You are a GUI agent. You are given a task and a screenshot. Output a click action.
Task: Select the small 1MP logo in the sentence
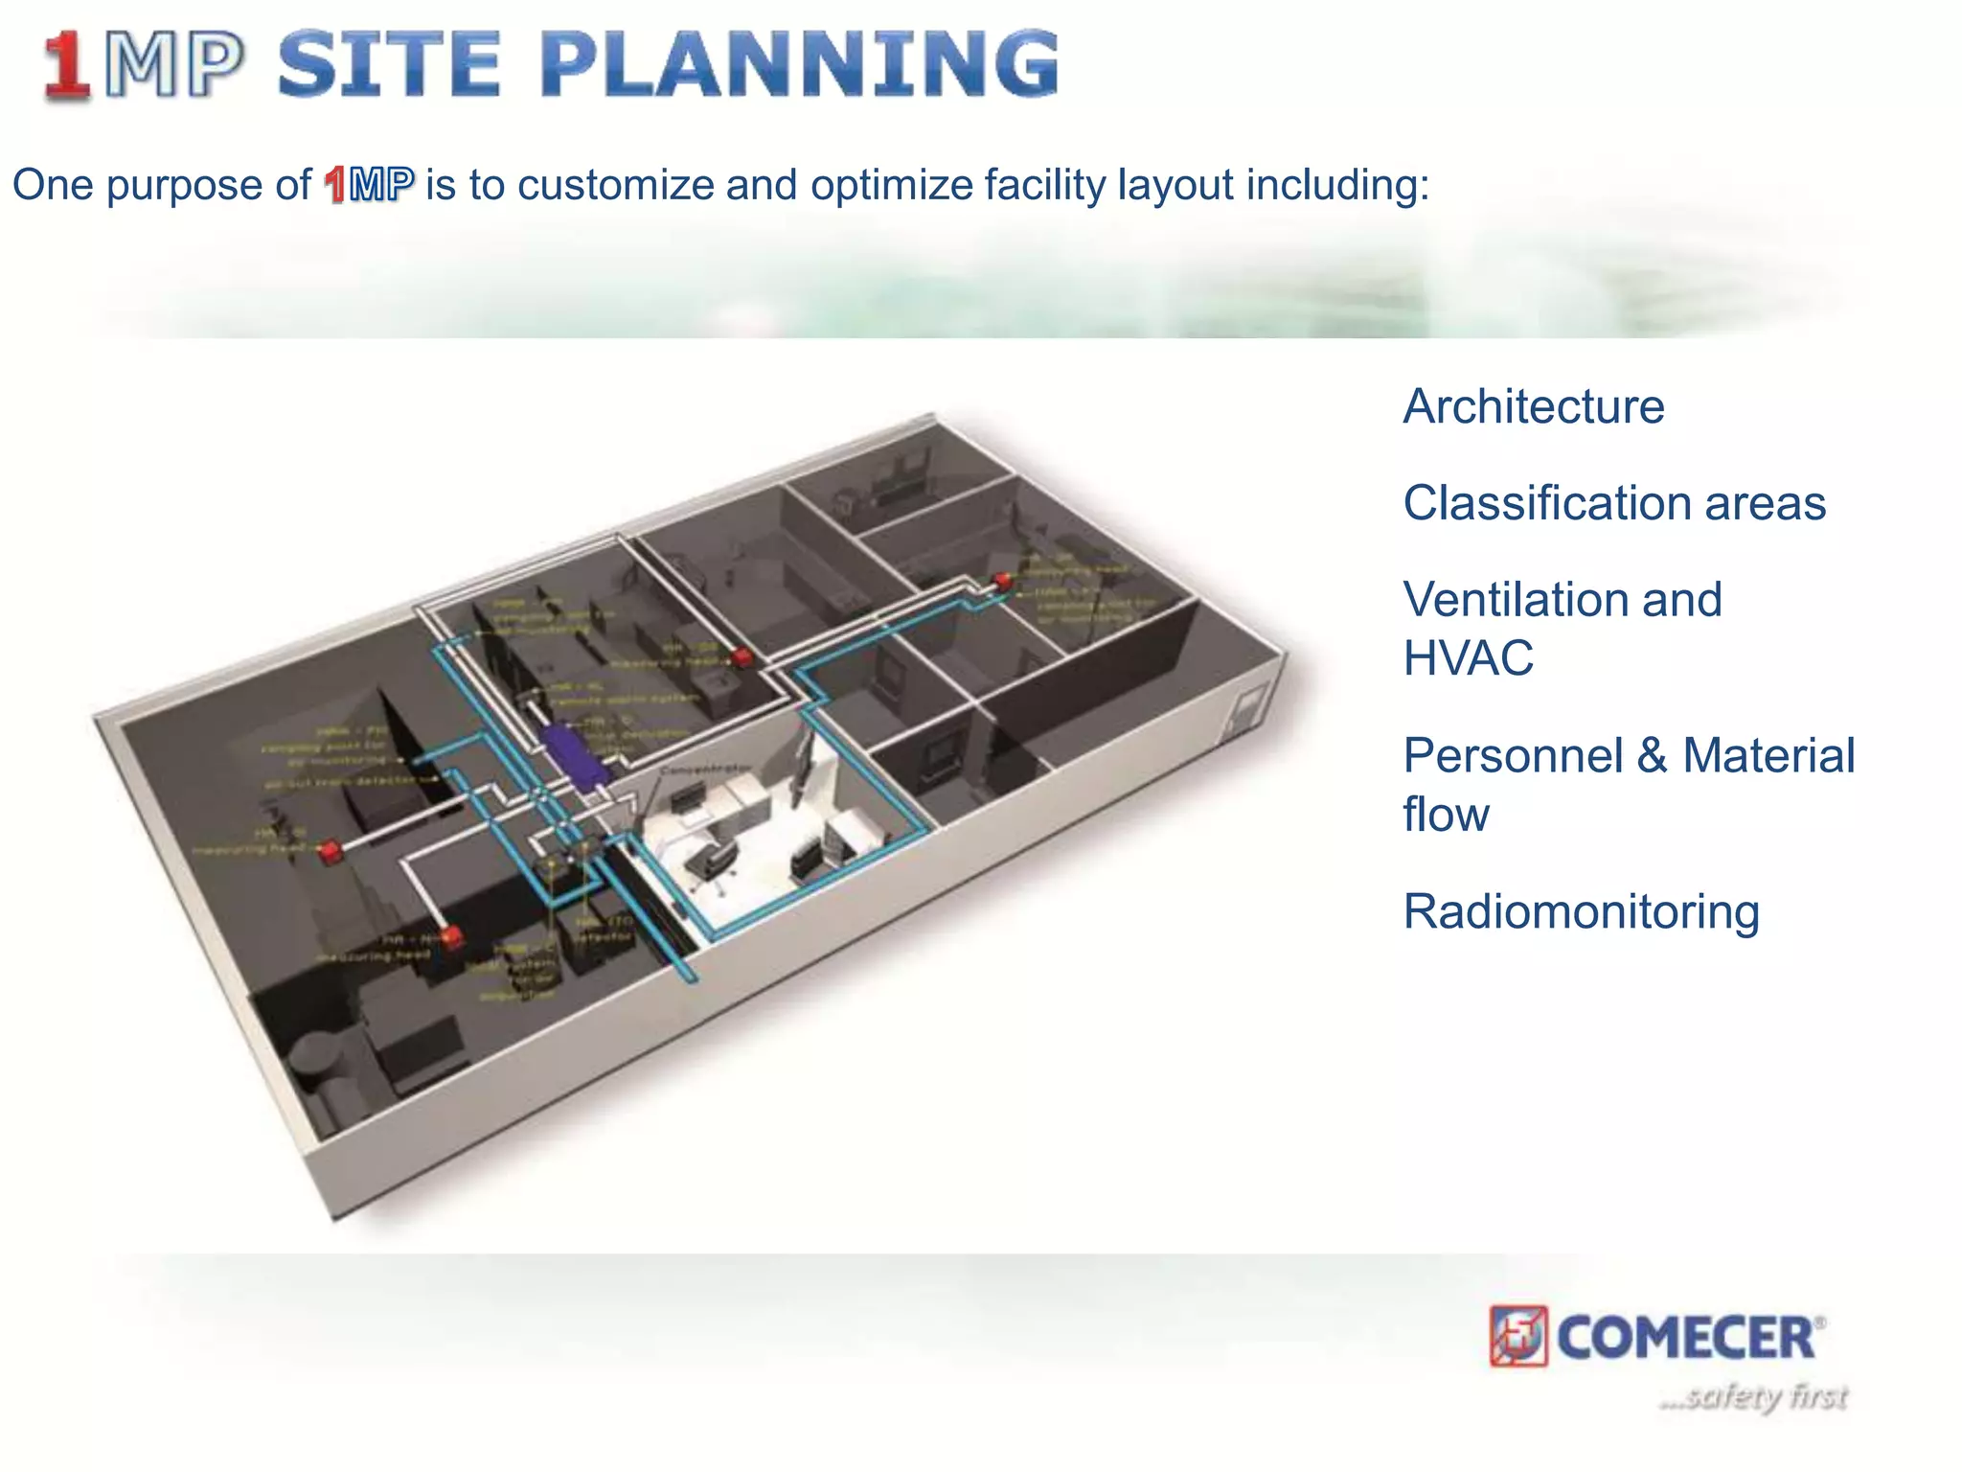369,185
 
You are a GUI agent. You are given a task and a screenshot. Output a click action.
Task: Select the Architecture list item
1533,406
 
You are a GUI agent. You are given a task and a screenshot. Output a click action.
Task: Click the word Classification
1540,503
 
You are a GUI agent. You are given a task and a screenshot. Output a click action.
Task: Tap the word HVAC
1468,658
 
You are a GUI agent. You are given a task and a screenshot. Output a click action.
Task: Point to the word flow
1446,815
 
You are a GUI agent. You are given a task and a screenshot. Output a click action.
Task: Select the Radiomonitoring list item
1581,911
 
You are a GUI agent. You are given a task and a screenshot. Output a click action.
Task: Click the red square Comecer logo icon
1517,1335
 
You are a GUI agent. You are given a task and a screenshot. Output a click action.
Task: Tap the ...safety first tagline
1753,1397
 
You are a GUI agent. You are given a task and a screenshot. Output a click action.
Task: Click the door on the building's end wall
1246,709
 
